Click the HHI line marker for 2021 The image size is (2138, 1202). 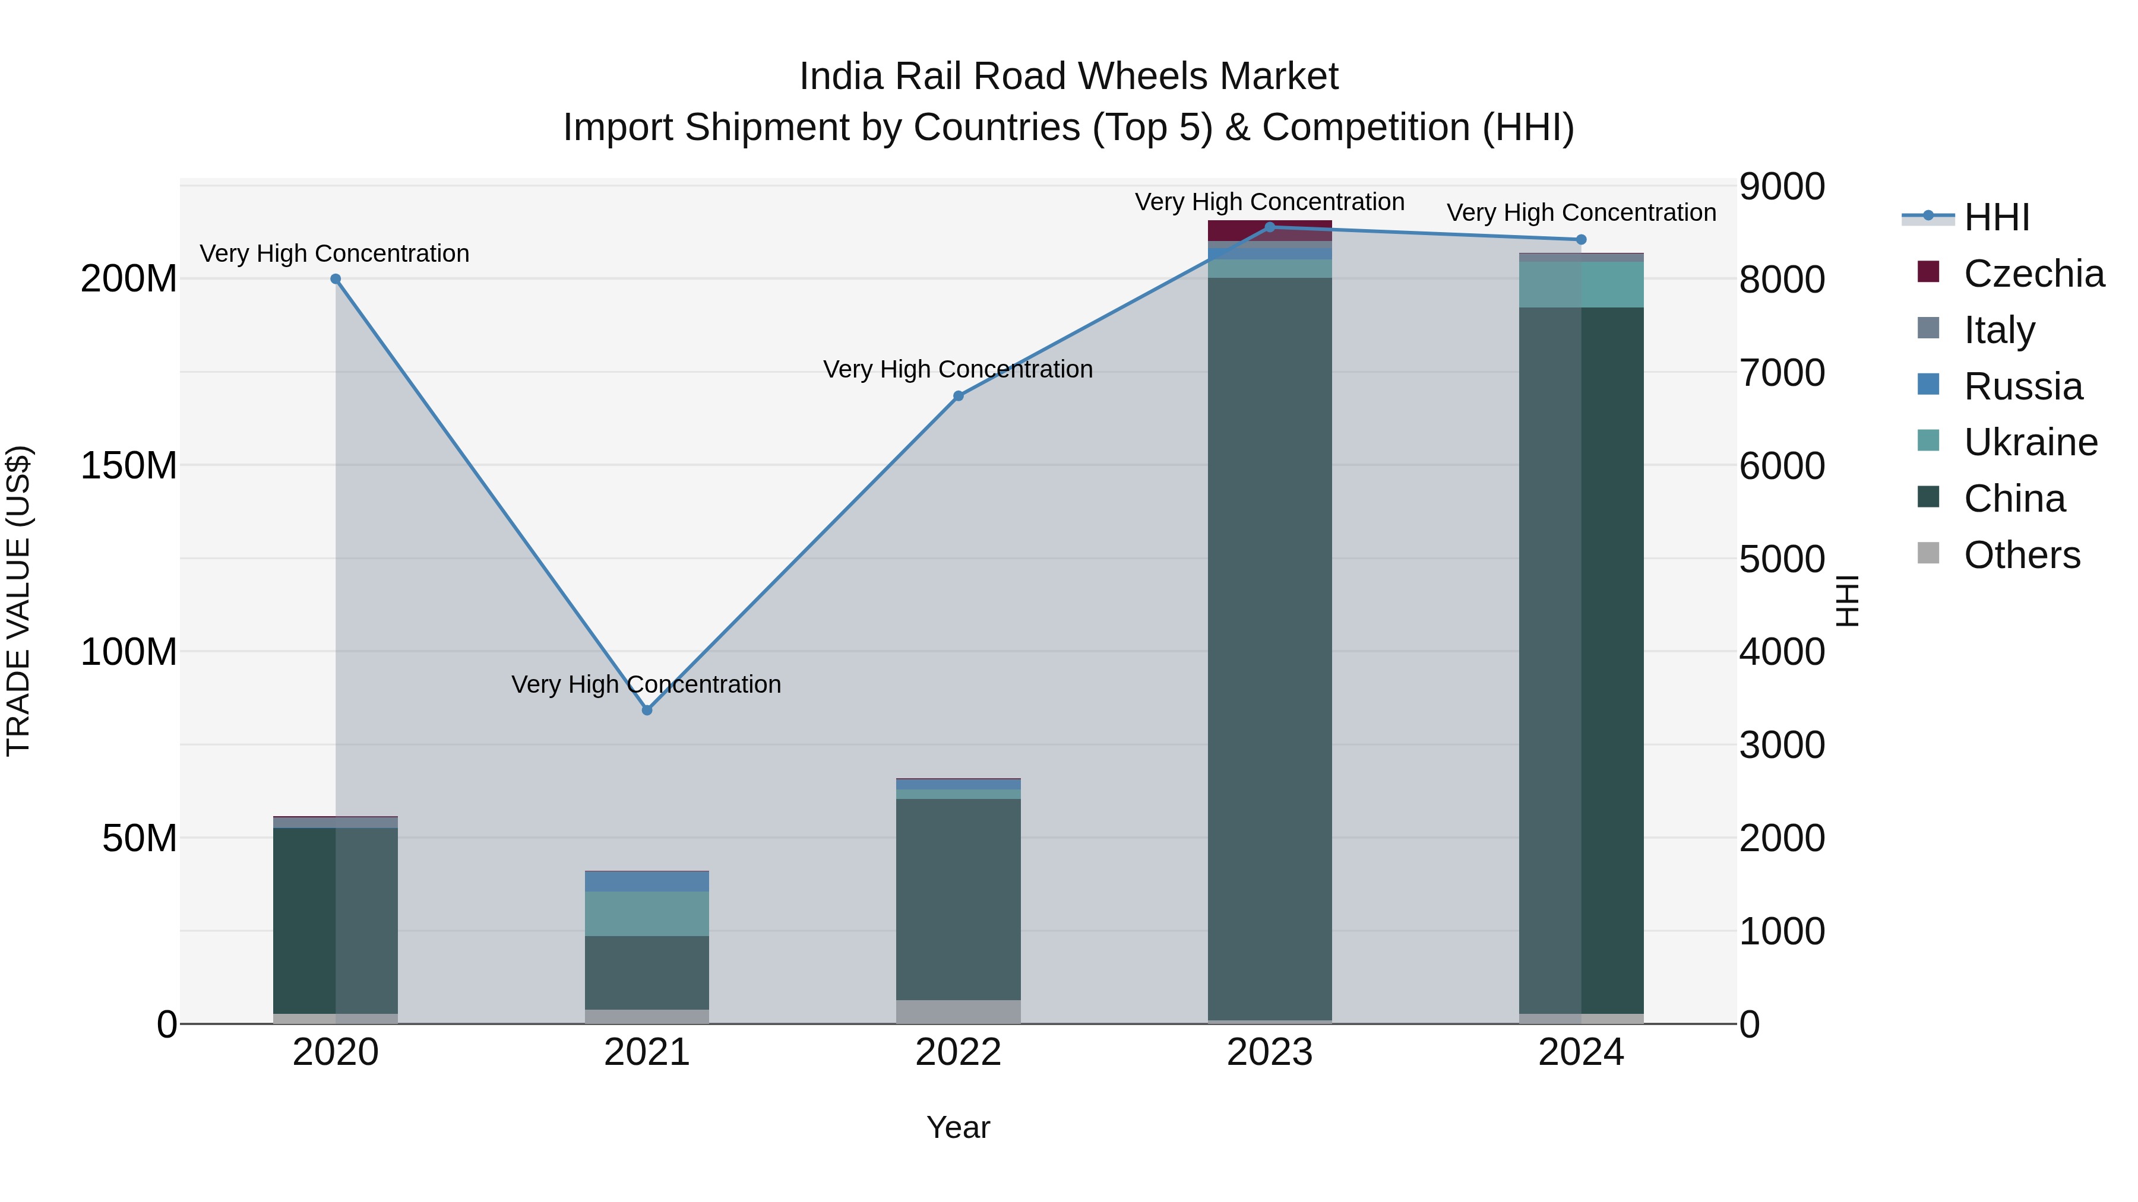tap(647, 710)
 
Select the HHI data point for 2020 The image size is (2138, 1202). tap(336, 280)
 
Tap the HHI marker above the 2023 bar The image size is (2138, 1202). tap(1269, 227)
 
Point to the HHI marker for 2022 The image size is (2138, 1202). tap(958, 397)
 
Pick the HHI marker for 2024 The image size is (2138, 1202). tap(1580, 240)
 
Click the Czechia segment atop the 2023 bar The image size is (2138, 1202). tap(1269, 231)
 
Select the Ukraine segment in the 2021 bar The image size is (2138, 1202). tap(647, 914)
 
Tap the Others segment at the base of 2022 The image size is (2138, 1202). tap(958, 1012)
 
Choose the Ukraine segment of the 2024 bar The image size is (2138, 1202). tap(1580, 284)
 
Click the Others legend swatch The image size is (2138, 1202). tap(1928, 553)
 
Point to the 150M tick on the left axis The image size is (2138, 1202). tap(129, 465)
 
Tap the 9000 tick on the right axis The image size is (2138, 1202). tap(1782, 186)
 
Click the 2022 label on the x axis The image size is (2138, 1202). tap(958, 1052)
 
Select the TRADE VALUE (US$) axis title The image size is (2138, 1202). tap(18, 601)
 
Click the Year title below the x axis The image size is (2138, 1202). tap(958, 1127)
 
